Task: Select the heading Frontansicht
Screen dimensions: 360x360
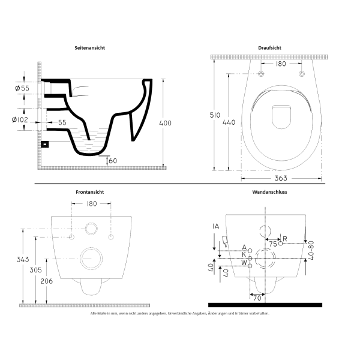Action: pos(91,192)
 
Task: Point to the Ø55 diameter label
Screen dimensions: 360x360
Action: pos(22,89)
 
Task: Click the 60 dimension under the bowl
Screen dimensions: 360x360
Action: pos(113,160)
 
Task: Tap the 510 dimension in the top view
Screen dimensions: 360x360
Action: pos(219,115)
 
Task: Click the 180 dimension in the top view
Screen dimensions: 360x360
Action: pos(280,63)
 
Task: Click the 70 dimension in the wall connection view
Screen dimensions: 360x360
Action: pos(257,296)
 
